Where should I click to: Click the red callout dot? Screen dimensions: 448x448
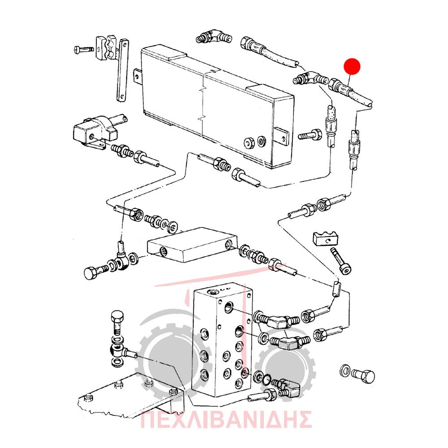tap(352, 67)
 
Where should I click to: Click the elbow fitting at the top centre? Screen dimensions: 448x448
tap(214, 36)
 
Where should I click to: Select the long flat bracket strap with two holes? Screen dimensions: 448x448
tap(123, 70)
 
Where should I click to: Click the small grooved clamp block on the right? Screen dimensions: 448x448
tap(326, 239)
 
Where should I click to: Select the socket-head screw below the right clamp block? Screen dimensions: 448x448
tap(341, 260)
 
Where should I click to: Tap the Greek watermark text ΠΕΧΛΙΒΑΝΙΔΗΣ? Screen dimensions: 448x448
tap(226, 419)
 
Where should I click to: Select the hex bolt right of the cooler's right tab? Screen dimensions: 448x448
tap(310, 134)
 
